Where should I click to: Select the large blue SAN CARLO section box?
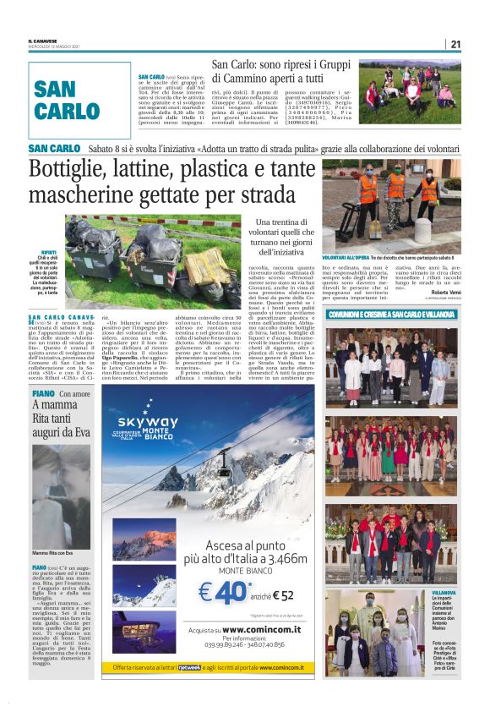[79, 100]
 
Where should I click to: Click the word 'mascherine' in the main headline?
[92, 195]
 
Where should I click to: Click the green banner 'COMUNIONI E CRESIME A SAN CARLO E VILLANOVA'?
[392, 314]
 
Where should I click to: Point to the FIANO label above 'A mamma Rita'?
[43, 394]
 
